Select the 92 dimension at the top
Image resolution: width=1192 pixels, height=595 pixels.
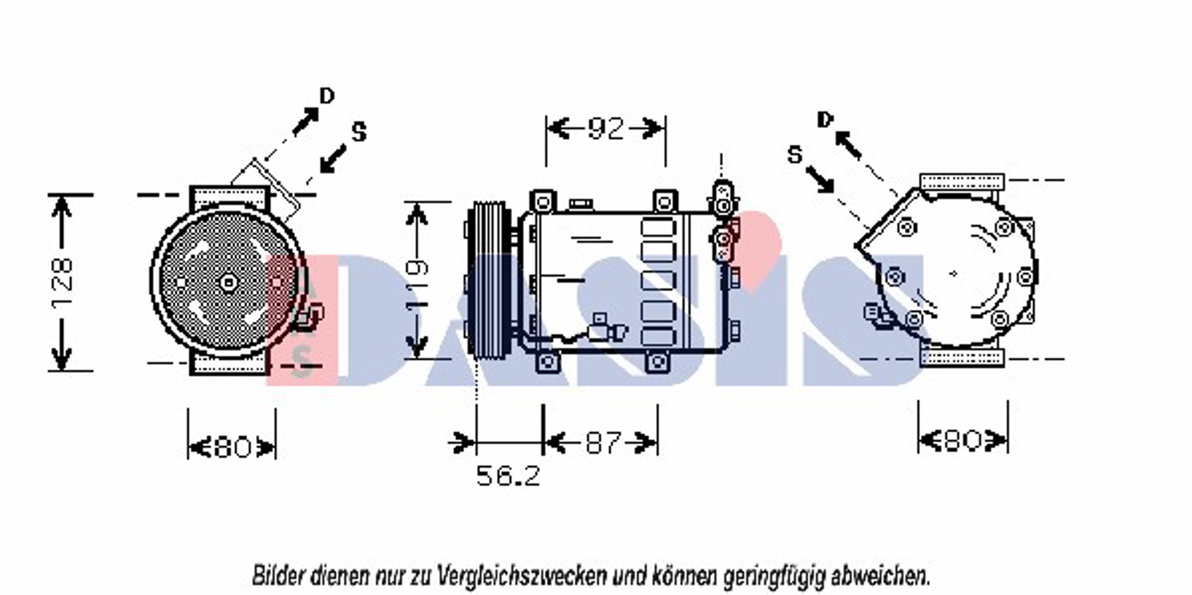605,128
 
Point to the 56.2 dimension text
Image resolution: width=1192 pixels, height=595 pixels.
508,476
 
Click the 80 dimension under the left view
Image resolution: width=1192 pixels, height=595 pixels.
232,447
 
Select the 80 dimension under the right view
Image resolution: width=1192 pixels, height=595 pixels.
963,440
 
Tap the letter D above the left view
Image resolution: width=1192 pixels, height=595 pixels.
327,96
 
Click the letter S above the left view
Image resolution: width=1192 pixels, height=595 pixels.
359,132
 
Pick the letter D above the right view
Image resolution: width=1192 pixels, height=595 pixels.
825,119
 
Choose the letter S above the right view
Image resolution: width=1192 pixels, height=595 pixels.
795,155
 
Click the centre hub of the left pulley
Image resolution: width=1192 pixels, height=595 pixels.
228,283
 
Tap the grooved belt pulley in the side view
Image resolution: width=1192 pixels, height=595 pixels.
488,280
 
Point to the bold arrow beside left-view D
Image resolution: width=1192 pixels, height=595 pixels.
305,121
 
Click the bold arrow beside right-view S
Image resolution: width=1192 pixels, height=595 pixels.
820,180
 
